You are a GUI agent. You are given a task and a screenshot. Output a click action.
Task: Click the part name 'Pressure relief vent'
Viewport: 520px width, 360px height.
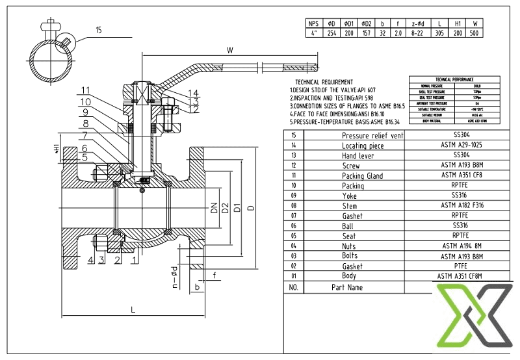tap(372, 135)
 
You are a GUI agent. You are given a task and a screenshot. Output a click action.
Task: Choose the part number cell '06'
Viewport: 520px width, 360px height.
tap(292, 225)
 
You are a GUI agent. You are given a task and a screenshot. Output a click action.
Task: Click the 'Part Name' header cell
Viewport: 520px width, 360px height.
tap(347, 287)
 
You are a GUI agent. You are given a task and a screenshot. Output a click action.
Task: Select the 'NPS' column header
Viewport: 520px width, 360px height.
tap(314, 23)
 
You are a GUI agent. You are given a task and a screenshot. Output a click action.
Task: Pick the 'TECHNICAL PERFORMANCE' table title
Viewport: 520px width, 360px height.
tap(461, 78)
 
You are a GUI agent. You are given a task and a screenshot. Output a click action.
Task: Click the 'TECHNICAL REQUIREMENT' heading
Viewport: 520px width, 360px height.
tap(324, 81)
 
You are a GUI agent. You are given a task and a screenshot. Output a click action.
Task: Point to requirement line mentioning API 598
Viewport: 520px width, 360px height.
tap(331, 97)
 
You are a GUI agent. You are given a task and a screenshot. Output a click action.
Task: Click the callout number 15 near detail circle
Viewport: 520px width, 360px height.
tap(98, 30)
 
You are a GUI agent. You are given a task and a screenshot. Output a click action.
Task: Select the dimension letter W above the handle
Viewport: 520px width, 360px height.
tap(229, 49)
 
